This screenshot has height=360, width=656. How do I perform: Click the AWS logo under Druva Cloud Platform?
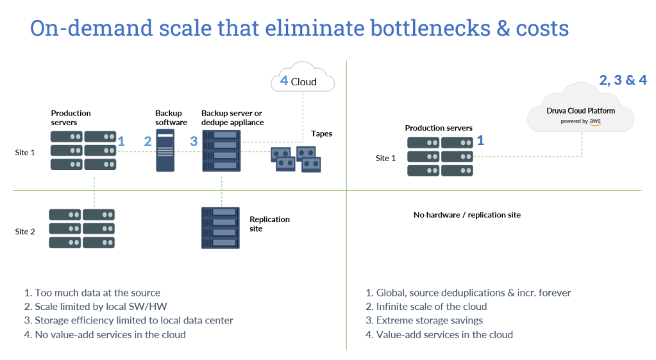pyautogui.click(x=594, y=121)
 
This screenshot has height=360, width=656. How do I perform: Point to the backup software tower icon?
pyautogui.click(x=165, y=151)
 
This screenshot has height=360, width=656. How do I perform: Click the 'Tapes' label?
pyautogui.click(x=321, y=133)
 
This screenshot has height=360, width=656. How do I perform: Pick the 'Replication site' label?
pyautogui.click(x=269, y=223)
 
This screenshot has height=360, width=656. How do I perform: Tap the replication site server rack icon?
pyautogui.click(x=221, y=228)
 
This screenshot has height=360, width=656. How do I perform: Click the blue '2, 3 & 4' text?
pyautogui.click(x=622, y=80)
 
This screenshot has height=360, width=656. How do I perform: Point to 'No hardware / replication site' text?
pyautogui.click(x=467, y=215)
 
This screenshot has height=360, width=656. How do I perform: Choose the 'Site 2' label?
pyautogui.click(x=25, y=231)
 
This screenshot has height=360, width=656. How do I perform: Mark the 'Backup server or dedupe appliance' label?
pyautogui.click(x=232, y=117)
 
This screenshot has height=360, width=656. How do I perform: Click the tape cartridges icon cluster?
pyautogui.click(x=296, y=159)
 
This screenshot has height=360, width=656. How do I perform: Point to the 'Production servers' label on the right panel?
pyautogui.click(x=439, y=128)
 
